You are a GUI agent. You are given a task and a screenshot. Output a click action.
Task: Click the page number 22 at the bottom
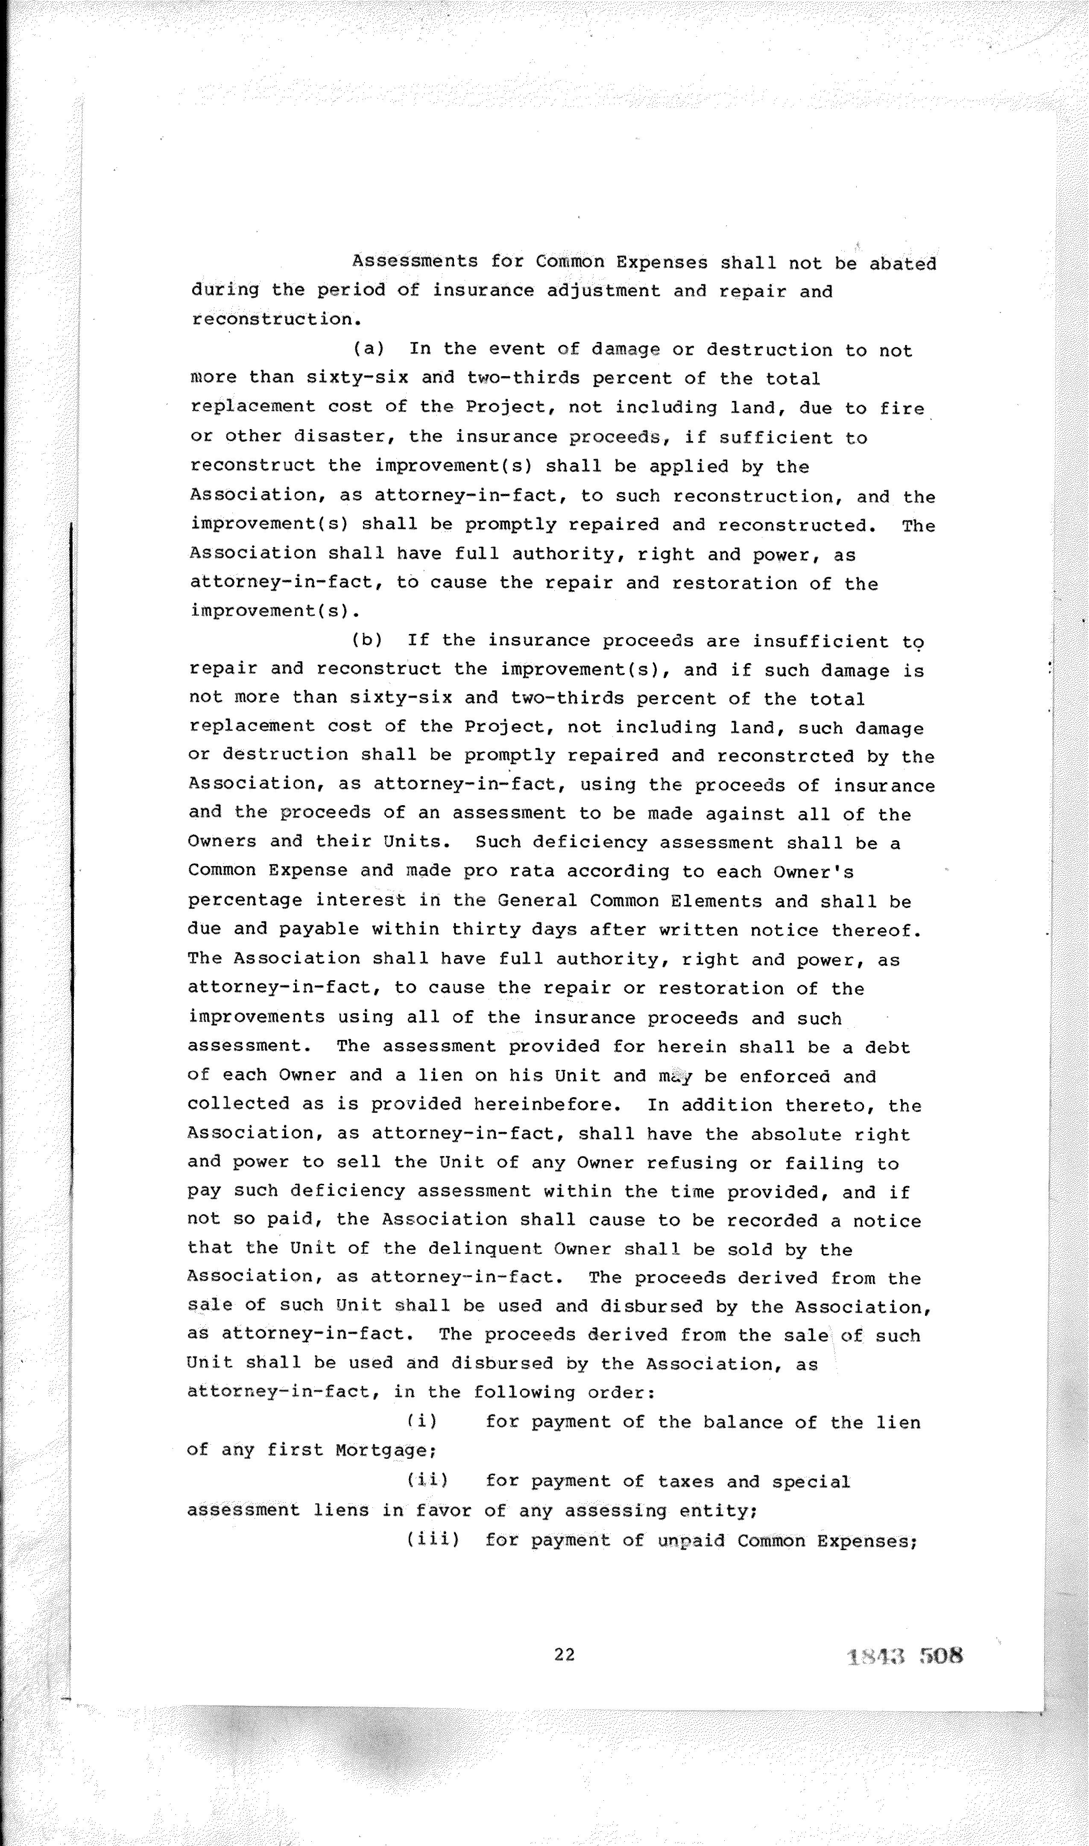tap(564, 1654)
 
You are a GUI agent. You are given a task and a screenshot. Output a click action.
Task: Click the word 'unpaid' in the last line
tap(691, 1539)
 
